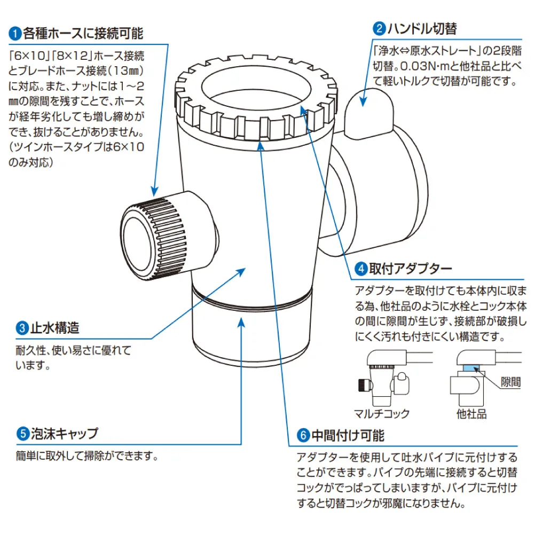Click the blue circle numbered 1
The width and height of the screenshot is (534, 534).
click(15, 34)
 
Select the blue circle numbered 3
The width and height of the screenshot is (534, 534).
click(22, 327)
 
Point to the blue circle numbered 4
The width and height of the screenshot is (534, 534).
click(361, 268)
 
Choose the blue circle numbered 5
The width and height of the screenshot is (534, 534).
click(22, 433)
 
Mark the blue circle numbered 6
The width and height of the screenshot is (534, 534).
click(303, 436)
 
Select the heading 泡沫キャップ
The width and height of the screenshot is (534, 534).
click(65, 433)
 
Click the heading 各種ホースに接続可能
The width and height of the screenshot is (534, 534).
click(83, 34)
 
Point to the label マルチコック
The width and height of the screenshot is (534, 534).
click(382, 413)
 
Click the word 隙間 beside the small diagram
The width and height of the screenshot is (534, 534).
click(510, 382)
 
